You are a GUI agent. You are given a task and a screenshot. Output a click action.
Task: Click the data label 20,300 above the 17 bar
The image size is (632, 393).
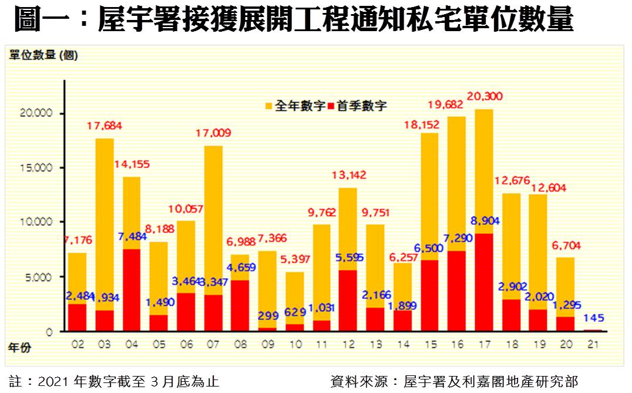click(x=485, y=96)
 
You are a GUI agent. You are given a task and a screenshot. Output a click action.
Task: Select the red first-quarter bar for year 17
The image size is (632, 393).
click(x=484, y=282)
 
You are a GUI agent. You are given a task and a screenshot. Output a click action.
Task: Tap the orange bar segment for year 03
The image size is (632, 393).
click(x=105, y=223)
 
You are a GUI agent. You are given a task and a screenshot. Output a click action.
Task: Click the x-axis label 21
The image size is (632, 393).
click(x=593, y=344)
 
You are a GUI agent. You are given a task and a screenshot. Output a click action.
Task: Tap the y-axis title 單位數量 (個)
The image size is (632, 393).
click(x=43, y=55)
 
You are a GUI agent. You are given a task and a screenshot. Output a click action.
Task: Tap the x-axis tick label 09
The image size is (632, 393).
click(x=267, y=344)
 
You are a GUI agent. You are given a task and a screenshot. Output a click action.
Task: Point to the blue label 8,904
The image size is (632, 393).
click(x=484, y=221)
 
